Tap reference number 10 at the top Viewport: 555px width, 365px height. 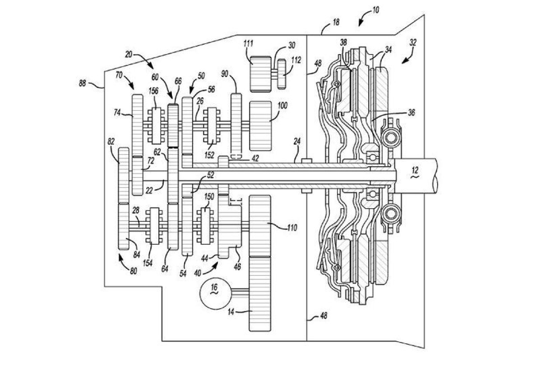coord(375,10)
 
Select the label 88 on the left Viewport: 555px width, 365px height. coord(82,83)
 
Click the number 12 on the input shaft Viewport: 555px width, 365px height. coord(415,170)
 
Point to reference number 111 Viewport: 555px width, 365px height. coord(248,44)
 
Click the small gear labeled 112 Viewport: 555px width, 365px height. coord(282,74)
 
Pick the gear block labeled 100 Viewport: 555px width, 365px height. coord(260,126)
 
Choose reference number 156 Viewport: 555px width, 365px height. coord(153,91)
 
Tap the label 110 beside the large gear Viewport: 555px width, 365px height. coord(292,228)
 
